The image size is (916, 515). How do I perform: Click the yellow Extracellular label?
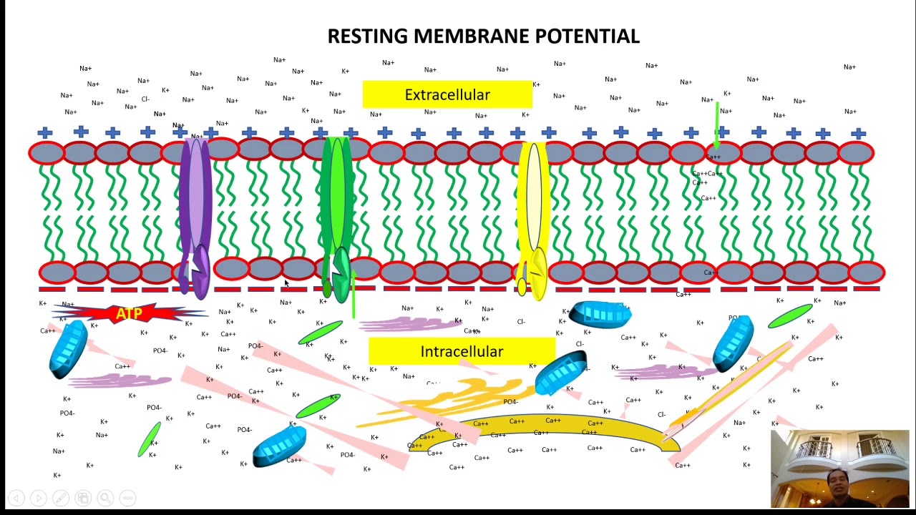point(447,94)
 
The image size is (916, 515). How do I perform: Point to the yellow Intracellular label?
point(462,351)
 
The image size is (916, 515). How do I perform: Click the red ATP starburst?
point(129,313)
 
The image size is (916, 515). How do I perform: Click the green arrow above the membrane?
point(716,125)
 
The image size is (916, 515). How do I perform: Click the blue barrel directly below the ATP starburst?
point(69,348)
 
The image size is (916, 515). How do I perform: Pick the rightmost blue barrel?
point(734,343)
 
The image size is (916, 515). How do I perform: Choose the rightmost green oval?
point(790,315)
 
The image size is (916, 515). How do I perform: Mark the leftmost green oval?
point(150,439)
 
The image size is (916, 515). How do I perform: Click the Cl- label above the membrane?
point(145,99)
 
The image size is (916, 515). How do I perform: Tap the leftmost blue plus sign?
point(45,132)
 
